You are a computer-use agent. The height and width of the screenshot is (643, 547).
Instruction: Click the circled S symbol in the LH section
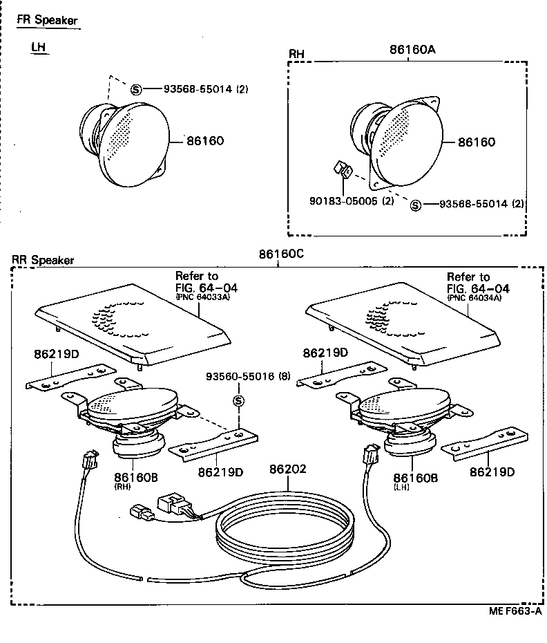(x=136, y=88)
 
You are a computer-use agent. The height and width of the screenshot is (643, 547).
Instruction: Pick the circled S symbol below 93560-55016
(x=239, y=401)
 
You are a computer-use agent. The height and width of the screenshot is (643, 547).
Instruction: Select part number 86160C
(x=281, y=254)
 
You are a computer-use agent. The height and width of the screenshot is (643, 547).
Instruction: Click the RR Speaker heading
(x=44, y=261)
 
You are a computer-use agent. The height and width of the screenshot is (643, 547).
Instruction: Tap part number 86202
(x=288, y=469)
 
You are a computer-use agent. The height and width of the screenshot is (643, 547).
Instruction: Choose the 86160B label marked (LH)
(x=416, y=478)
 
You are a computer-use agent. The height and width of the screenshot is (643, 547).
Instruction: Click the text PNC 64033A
(x=201, y=298)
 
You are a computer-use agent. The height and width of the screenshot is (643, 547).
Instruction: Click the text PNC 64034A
(x=474, y=298)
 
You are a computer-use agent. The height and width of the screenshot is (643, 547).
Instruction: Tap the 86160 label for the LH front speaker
(x=205, y=141)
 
